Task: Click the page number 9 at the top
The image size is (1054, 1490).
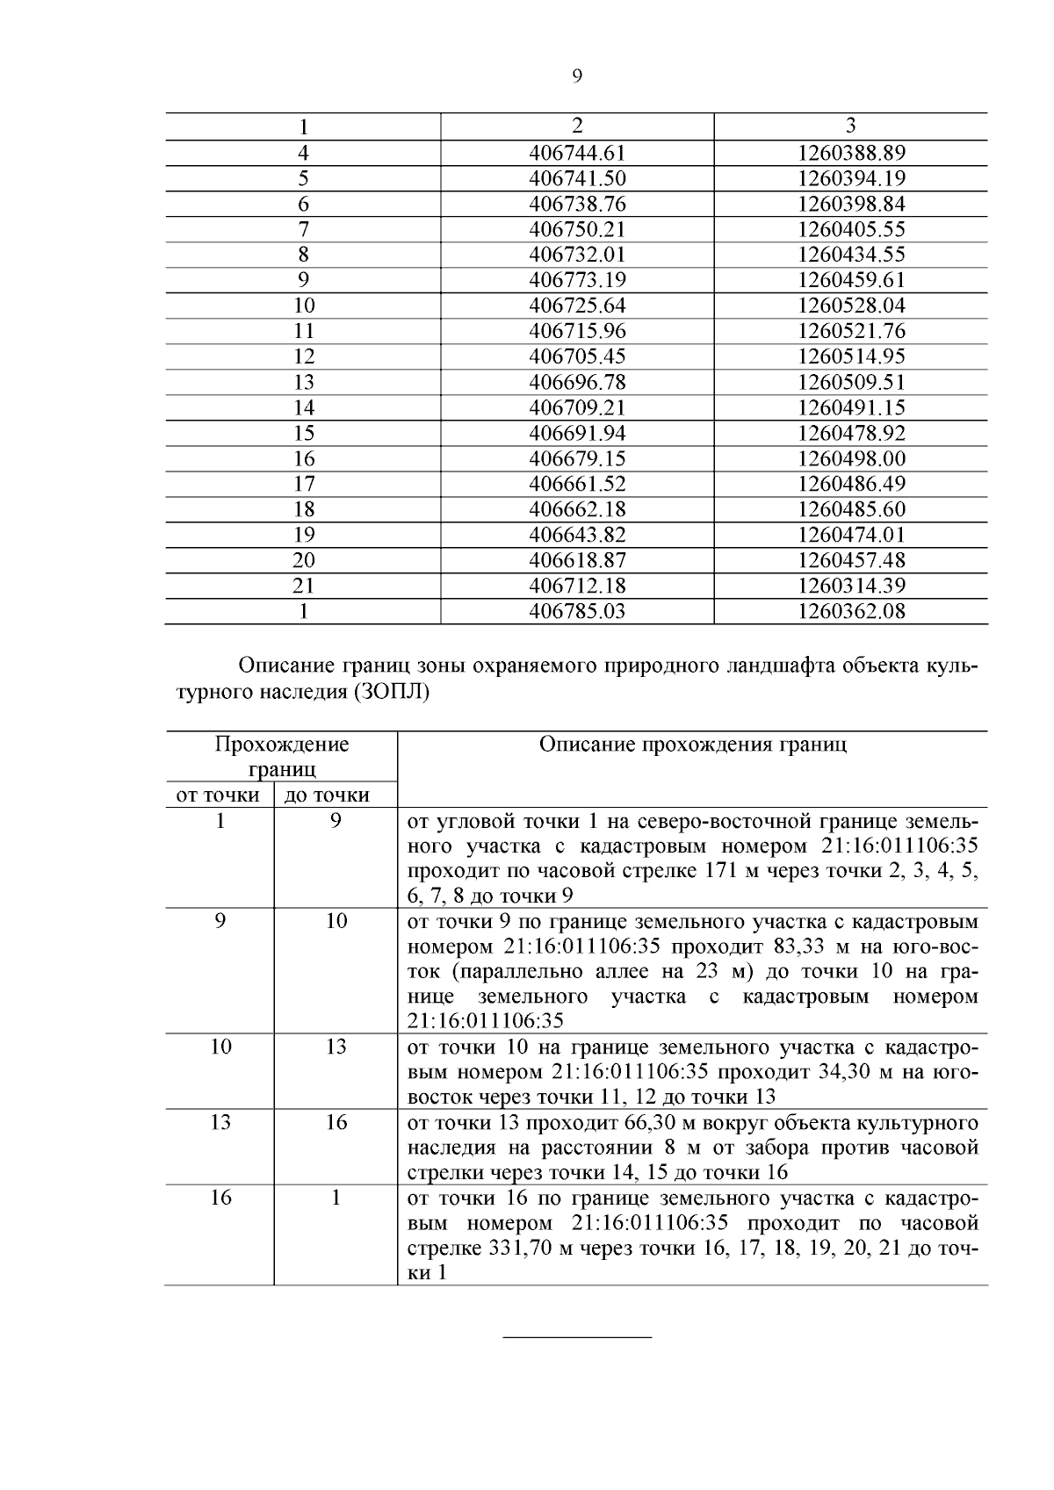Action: coord(577,76)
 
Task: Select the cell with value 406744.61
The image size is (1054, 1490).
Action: coord(577,153)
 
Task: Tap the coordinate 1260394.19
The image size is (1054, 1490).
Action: coord(850,178)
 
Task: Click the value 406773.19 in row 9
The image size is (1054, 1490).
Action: coord(577,280)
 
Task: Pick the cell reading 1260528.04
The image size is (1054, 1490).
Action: coord(850,306)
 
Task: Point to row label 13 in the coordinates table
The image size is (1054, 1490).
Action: coord(303,382)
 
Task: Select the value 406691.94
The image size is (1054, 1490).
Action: coord(577,433)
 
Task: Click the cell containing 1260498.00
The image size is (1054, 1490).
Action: coord(850,458)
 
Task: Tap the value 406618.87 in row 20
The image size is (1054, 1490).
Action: coord(577,560)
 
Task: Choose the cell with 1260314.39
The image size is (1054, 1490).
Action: coord(850,586)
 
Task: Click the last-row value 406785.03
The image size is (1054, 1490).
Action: coord(577,611)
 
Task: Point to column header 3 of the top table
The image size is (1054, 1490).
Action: coord(850,126)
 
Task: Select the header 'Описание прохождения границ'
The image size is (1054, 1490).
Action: coord(692,745)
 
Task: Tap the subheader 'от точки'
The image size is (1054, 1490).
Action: coord(219,795)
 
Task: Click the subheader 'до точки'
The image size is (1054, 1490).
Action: coord(335,795)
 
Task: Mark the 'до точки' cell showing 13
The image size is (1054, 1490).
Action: coord(336,1047)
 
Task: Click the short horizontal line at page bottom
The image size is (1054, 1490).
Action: coord(577,1337)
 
